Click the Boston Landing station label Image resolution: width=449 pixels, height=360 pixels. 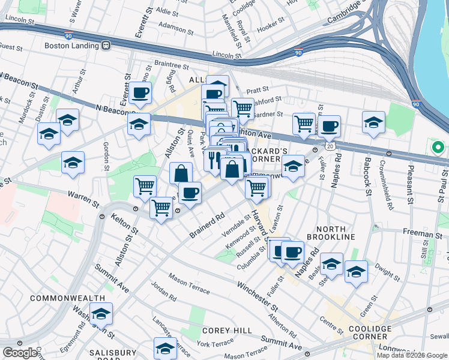coord(72,45)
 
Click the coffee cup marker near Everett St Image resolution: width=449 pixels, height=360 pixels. coord(140,92)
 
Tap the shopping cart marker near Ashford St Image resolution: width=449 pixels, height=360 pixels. coord(242,108)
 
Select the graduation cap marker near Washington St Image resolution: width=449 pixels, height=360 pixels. coord(101,313)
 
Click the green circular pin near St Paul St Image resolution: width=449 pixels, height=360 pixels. coord(438,146)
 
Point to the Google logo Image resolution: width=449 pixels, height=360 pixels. coord(20,353)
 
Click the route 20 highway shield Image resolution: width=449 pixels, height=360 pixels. coord(330,146)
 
